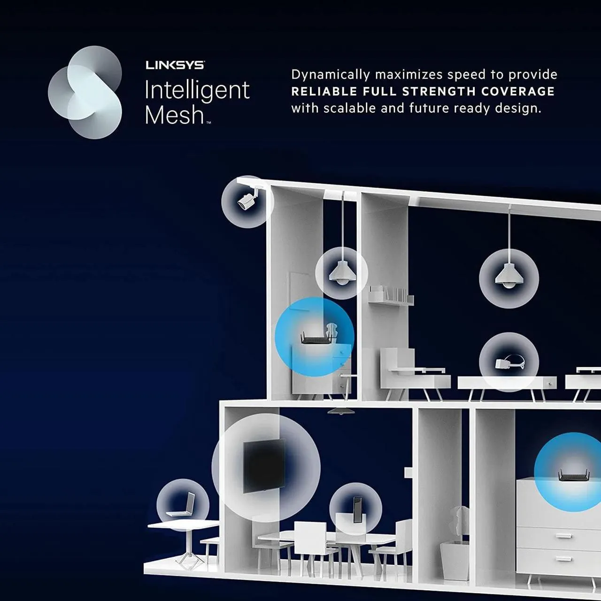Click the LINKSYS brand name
pyautogui.click(x=175, y=65)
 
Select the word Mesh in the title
pyautogui.click(x=174, y=115)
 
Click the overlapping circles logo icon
pyautogui.click(x=85, y=92)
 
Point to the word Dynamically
pyautogui.click(x=331, y=75)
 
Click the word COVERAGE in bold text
pyautogui.click(x=518, y=92)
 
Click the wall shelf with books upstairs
pyautogui.click(x=391, y=296)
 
